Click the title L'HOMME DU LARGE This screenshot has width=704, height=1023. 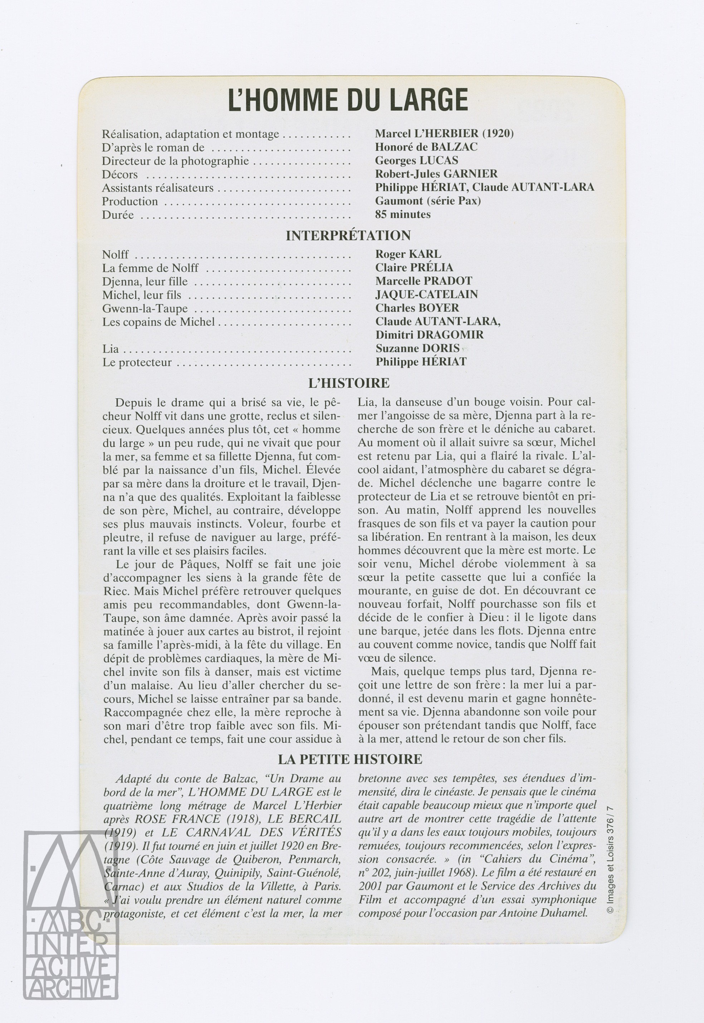[x=348, y=101]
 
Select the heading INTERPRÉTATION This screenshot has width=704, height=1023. [x=348, y=236]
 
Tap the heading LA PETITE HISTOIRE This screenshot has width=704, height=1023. [x=350, y=759]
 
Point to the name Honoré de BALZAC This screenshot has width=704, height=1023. [x=426, y=147]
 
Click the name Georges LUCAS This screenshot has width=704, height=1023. [x=416, y=160]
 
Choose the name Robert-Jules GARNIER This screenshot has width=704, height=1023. [x=436, y=174]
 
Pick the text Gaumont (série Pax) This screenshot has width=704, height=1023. [x=428, y=201]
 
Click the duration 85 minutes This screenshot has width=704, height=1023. [x=403, y=214]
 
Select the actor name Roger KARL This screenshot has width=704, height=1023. [x=408, y=254]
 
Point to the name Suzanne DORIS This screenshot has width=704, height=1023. [x=417, y=348]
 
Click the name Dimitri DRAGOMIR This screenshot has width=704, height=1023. [x=429, y=335]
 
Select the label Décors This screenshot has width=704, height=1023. [x=119, y=174]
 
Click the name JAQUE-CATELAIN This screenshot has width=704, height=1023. [x=426, y=294]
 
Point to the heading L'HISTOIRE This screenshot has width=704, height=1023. [x=348, y=383]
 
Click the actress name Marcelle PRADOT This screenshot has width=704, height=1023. [x=424, y=281]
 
